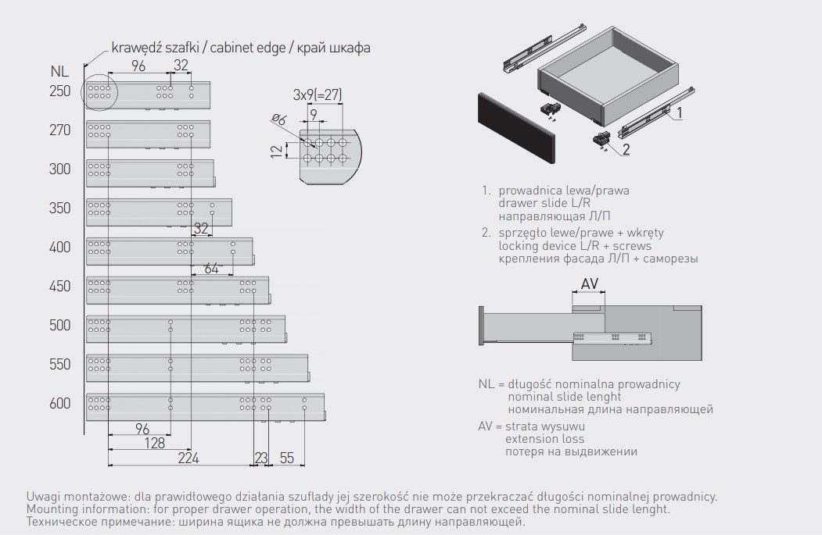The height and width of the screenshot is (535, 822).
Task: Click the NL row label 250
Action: point(60,91)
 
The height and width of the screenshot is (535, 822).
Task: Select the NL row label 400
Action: point(60,248)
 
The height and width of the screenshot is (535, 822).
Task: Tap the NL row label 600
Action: point(60,404)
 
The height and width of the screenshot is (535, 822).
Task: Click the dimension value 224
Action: point(188,458)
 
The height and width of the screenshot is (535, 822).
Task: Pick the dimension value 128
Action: point(155,443)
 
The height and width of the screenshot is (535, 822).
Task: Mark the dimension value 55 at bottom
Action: point(287,458)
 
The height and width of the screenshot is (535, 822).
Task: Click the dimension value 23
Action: point(261,458)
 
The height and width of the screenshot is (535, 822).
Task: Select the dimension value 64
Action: point(211,268)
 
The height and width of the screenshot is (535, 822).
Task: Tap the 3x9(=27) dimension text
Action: point(317,95)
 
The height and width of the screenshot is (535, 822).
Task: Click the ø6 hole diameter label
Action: point(278,119)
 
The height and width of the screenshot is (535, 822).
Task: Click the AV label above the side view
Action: point(590,284)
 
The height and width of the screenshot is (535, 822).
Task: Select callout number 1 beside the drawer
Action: point(680,112)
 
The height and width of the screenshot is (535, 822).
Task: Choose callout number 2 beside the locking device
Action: point(626,149)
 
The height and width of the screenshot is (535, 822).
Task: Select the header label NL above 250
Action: point(59,73)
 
